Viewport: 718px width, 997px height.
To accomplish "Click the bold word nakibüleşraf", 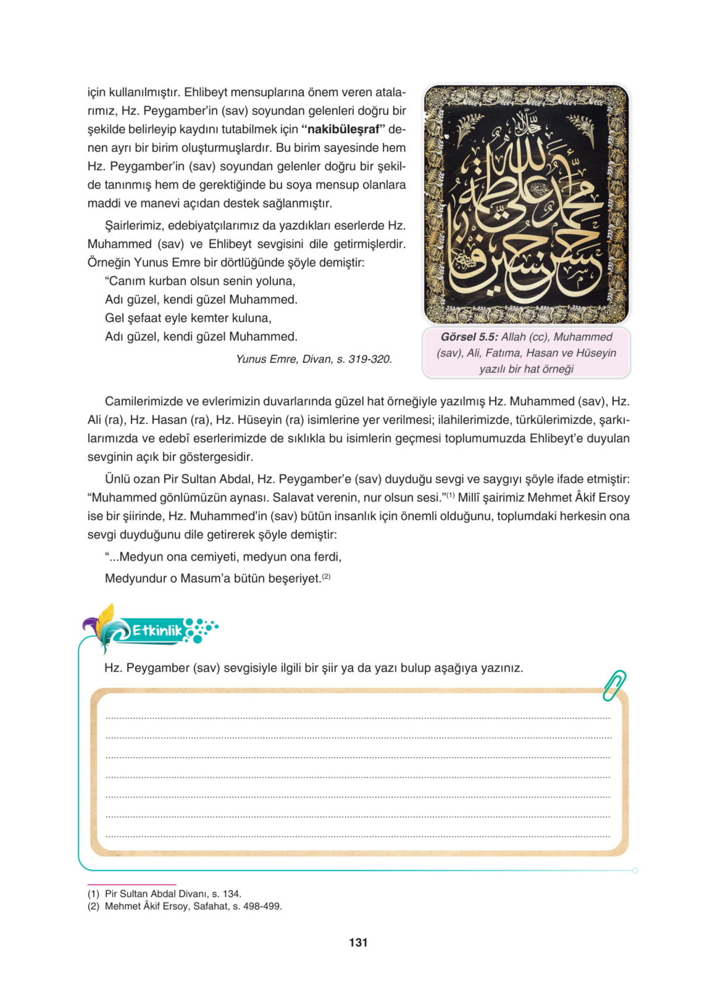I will tap(342, 130).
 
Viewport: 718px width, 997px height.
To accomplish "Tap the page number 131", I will tap(358, 942).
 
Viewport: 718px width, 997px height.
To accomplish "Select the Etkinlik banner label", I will tap(157, 631).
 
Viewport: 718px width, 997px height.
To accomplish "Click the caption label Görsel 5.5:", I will tap(469, 337).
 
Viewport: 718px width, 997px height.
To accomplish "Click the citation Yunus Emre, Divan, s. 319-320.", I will tap(314, 359).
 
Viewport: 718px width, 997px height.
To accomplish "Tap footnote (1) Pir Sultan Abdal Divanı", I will tap(165, 894).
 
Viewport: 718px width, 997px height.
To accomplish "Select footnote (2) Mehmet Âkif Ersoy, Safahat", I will tap(185, 906).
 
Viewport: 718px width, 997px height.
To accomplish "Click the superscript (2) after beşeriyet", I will tap(326, 576).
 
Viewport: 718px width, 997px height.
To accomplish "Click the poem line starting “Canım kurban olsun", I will tap(200, 281).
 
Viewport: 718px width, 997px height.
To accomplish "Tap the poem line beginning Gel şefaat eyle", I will tap(188, 318).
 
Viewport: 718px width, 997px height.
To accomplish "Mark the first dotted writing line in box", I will tap(358, 718).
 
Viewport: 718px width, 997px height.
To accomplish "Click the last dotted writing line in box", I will tap(358, 837).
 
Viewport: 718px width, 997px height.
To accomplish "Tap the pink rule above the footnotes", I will tap(132, 884).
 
